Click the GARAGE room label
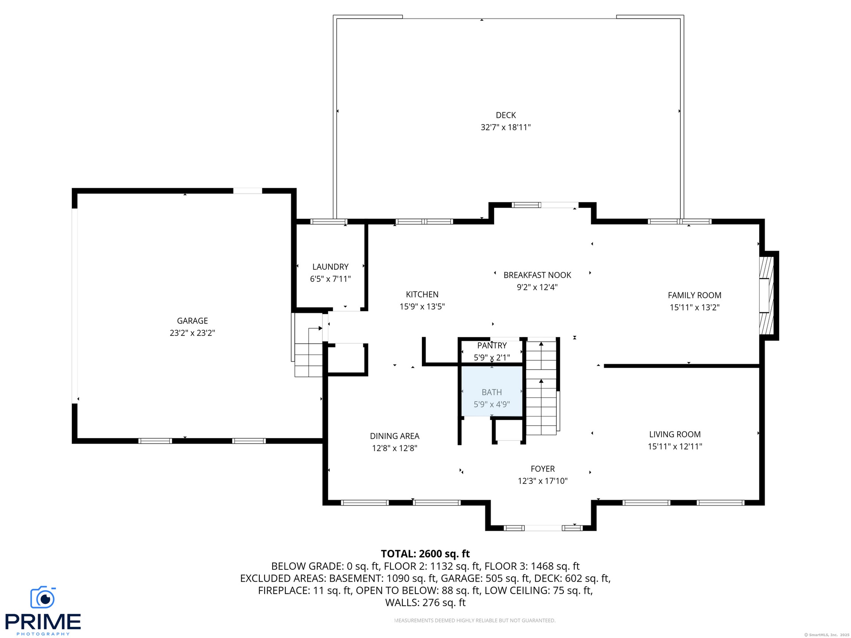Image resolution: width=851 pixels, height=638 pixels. point(192,321)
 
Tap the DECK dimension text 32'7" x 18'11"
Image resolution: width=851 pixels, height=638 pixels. point(506,128)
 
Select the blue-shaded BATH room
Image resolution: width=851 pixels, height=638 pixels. point(492,391)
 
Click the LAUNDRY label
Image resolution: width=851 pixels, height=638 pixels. point(330,267)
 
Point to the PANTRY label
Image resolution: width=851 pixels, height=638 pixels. point(492,346)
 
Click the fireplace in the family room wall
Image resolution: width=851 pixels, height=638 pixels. point(766,296)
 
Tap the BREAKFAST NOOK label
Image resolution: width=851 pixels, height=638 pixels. point(537,275)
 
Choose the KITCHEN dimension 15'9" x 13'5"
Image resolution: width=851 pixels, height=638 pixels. point(422,307)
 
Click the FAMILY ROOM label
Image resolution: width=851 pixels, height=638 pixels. point(695,296)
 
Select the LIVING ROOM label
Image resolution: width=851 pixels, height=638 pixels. point(675,435)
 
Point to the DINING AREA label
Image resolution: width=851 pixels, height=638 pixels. point(394,436)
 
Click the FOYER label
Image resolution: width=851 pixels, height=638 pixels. point(543,469)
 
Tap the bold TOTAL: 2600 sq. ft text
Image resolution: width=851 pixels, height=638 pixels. point(425,554)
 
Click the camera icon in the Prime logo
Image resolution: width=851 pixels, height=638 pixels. point(43,597)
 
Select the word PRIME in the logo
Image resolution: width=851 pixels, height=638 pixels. point(43,622)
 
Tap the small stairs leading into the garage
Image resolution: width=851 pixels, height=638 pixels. point(309,351)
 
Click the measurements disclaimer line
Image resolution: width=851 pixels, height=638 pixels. point(475,620)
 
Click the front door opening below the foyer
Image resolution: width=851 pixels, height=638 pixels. point(543,528)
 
